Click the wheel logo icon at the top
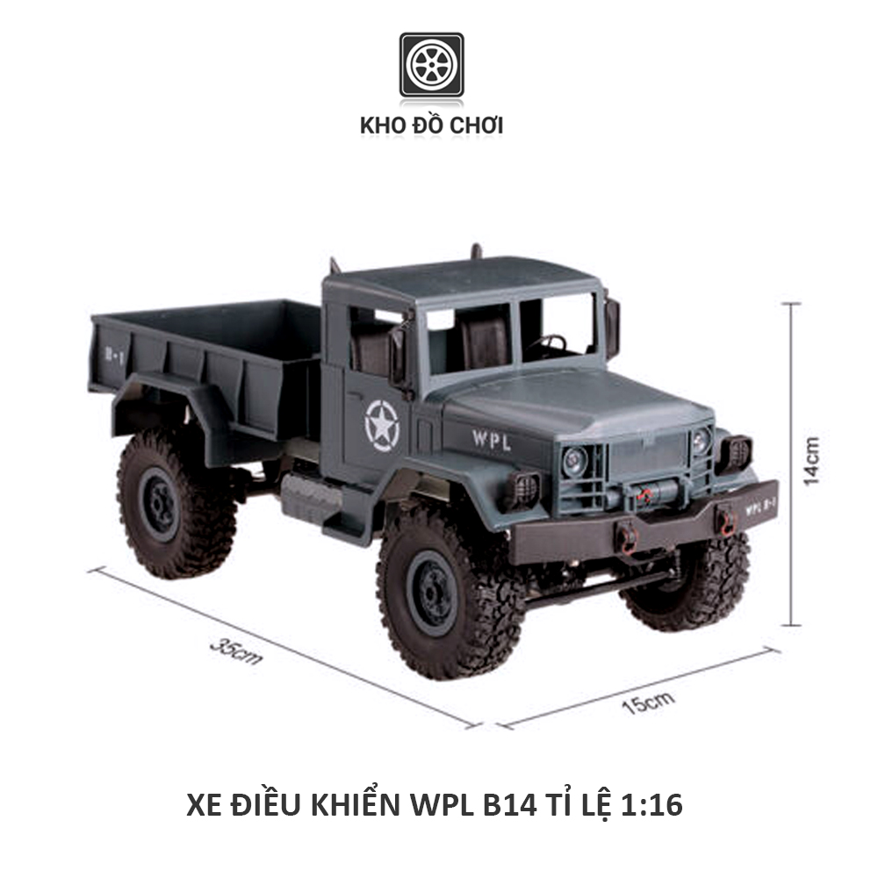[431, 65]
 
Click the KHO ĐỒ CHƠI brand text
[431, 126]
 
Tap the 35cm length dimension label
[235, 650]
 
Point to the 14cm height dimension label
[812, 460]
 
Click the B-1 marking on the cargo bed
[112, 354]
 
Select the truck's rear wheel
[164, 503]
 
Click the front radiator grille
[648, 457]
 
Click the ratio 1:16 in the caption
[651, 804]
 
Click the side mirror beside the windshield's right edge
[611, 327]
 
